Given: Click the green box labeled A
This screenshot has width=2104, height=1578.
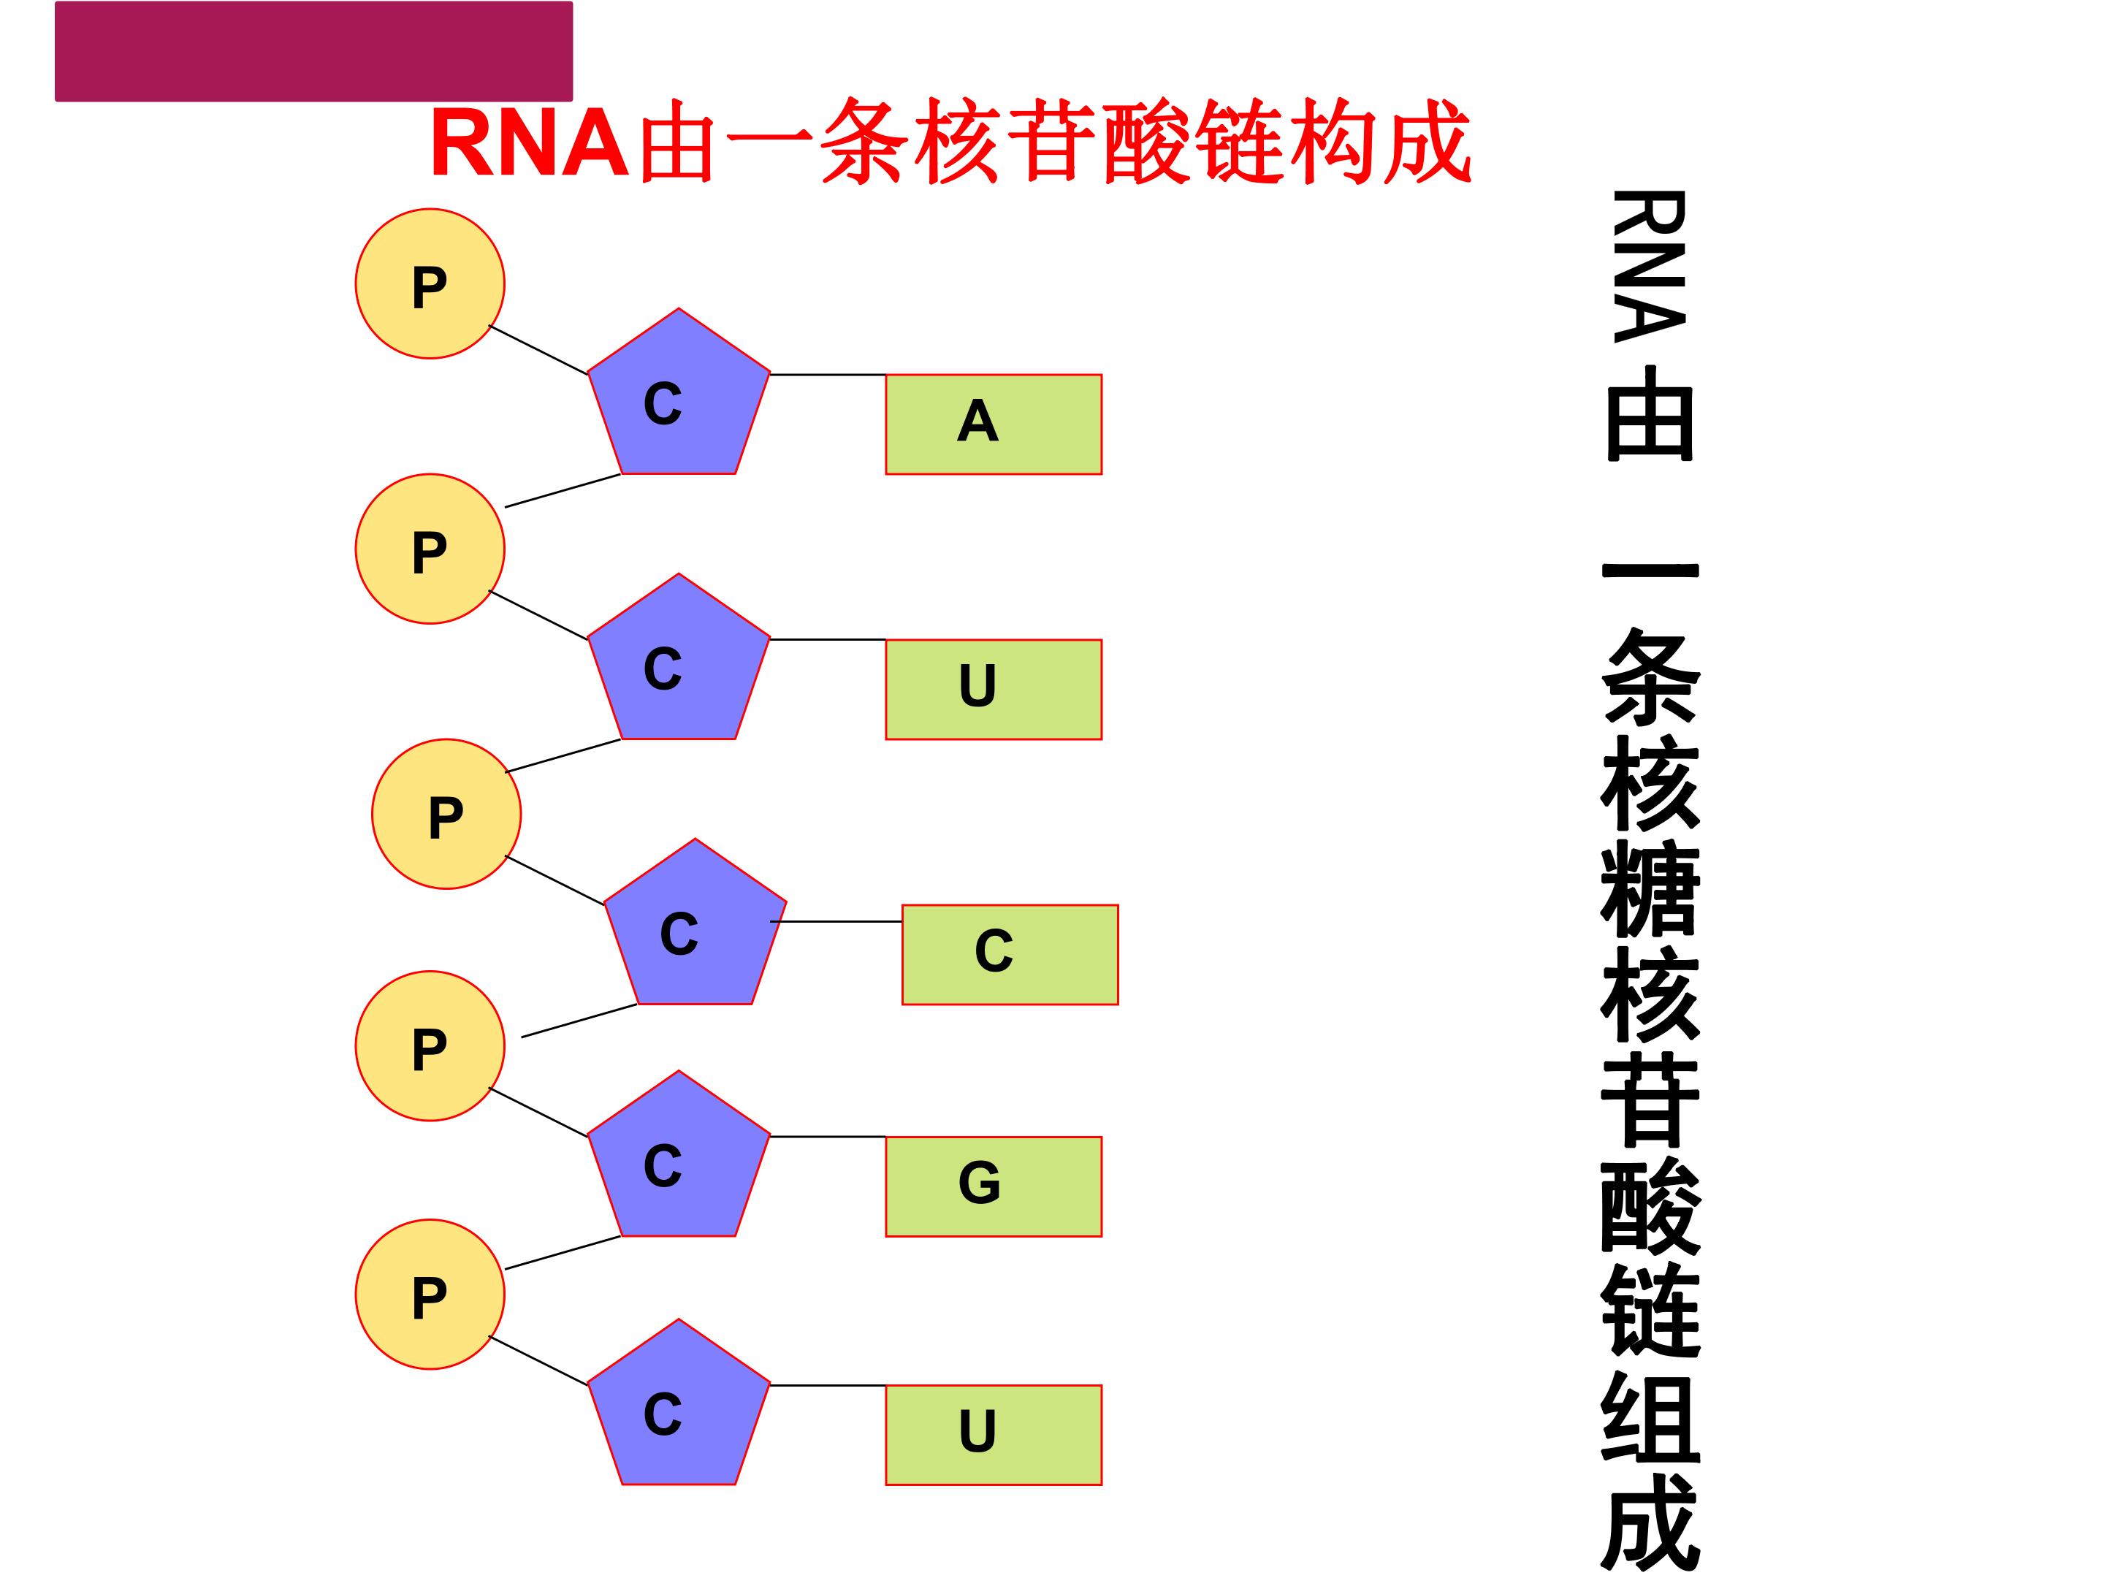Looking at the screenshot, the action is pos(993,424).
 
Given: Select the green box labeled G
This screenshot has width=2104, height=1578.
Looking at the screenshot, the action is pos(993,1186).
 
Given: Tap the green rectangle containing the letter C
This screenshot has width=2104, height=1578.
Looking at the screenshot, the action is pos(1010,955).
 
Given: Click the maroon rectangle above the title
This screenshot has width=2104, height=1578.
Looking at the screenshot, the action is pos(314,51).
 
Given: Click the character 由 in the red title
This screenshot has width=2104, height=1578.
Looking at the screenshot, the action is pos(677,142).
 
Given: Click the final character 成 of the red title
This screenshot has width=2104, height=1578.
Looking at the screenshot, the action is pos(1427,142).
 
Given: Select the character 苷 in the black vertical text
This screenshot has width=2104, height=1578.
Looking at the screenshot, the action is pos(1650,1099).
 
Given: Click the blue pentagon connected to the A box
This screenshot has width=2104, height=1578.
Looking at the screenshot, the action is pos(678,397).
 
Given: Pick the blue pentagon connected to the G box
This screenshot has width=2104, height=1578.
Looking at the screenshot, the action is pos(678,1160).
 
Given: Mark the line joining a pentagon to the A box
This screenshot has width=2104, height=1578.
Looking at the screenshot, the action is pos(828,375).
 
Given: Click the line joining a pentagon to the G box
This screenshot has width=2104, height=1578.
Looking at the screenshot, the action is pos(828,1137).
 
